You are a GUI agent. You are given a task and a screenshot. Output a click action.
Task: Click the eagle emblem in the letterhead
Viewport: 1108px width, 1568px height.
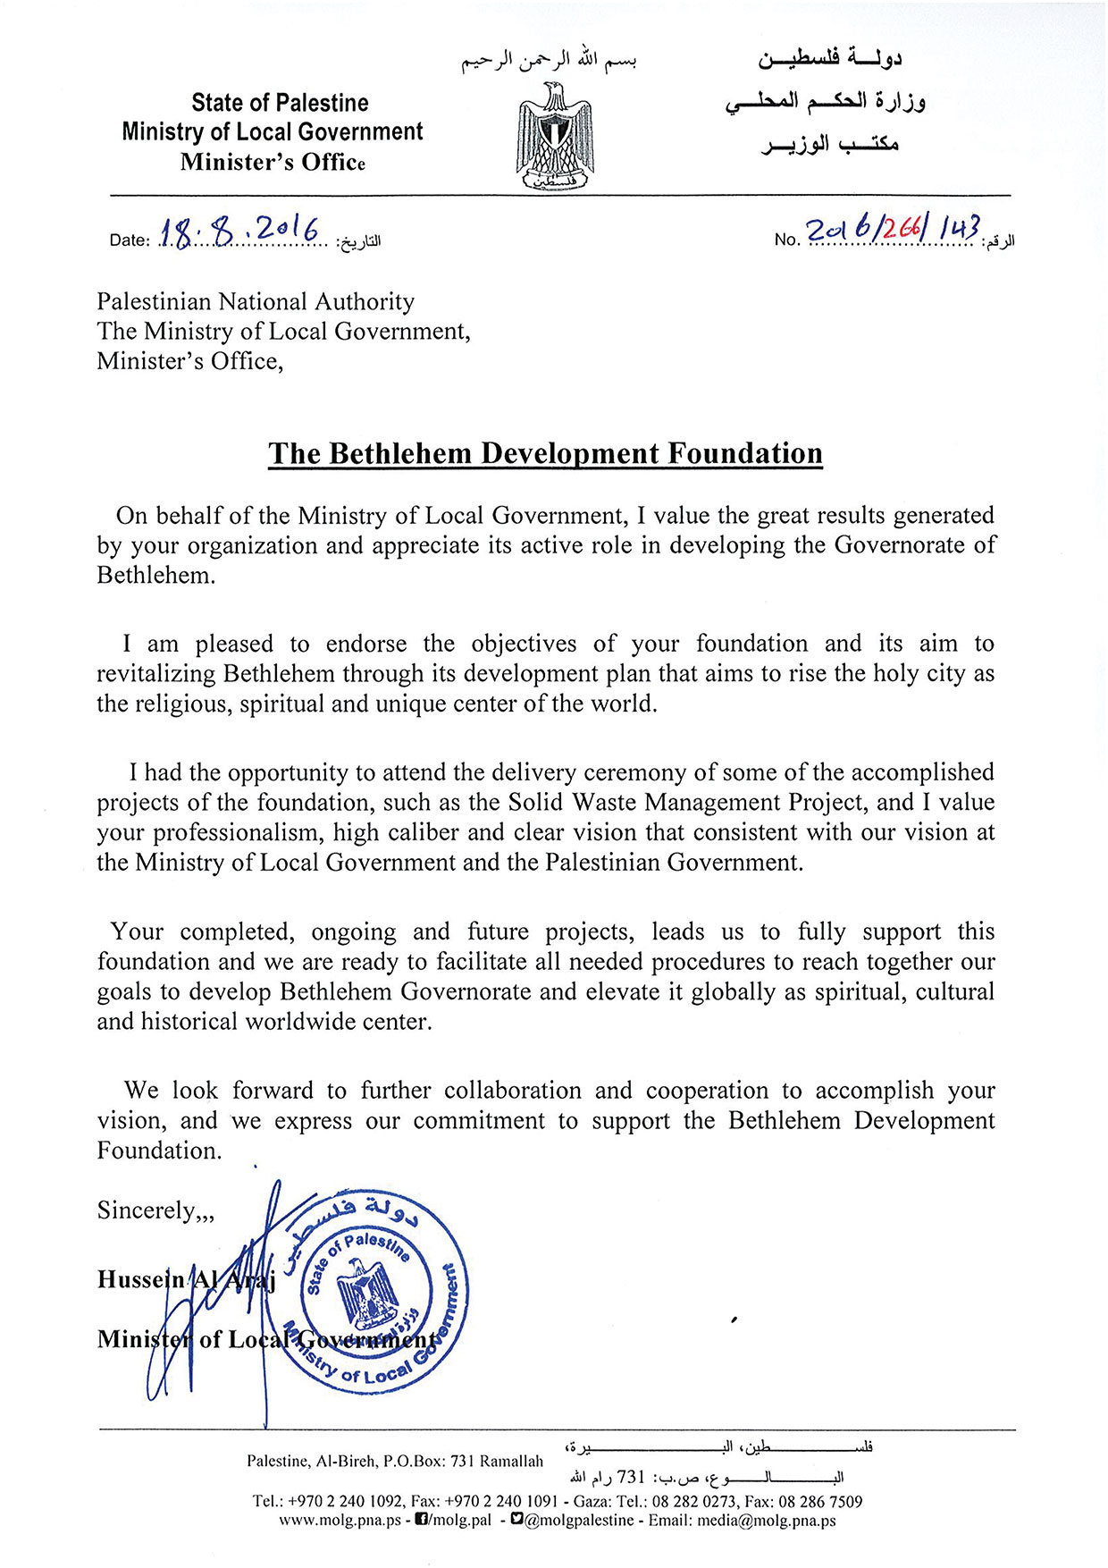click(x=554, y=136)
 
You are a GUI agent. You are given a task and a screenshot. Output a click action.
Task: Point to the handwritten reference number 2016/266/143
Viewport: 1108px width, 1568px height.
click(x=893, y=230)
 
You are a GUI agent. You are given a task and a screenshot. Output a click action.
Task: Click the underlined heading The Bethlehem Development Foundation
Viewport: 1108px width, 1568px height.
click(x=545, y=453)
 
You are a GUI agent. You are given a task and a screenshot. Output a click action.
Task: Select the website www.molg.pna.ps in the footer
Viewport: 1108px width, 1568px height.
click(x=340, y=1520)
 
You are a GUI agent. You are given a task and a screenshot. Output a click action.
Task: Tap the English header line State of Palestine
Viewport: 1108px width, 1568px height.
click(x=280, y=103)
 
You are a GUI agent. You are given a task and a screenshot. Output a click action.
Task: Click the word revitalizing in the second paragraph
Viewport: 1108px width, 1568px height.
click(x=156, y=673)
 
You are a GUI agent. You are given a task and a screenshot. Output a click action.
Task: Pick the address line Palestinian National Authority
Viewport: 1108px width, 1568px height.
click(x=256, y=302)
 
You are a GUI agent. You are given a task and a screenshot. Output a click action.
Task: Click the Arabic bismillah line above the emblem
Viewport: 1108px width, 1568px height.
click(x=549, y=62)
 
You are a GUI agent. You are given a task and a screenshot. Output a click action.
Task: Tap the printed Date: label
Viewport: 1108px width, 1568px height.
click(x=129, y=240)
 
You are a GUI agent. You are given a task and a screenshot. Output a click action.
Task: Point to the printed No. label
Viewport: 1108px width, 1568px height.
click(x=786, y=240)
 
